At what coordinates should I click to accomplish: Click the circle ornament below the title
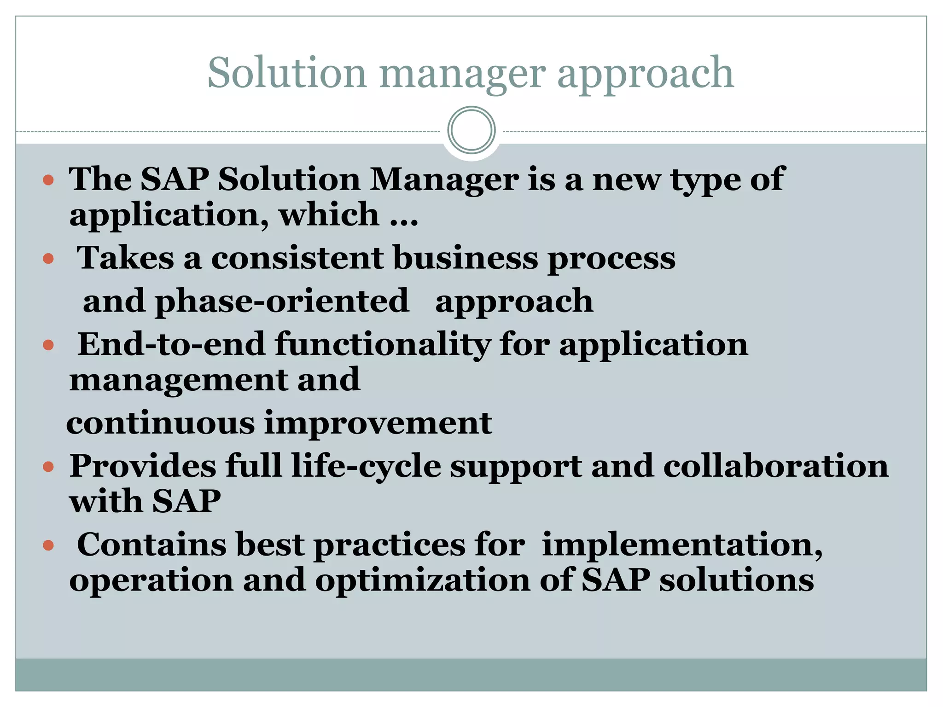[x=471, y=130]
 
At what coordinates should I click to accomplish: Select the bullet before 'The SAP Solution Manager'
[x=48, y=180]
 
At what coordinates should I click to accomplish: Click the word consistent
[x=297, y=258]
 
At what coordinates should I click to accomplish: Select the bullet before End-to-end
[x=48, y=345]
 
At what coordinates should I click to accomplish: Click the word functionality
[x=382, y=344]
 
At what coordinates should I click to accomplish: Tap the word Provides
[x=142, y=466]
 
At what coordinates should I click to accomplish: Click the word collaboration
[x=776, y=466]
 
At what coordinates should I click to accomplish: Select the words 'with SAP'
[x=145, y=501]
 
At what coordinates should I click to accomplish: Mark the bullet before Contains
[x=48, y=546]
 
